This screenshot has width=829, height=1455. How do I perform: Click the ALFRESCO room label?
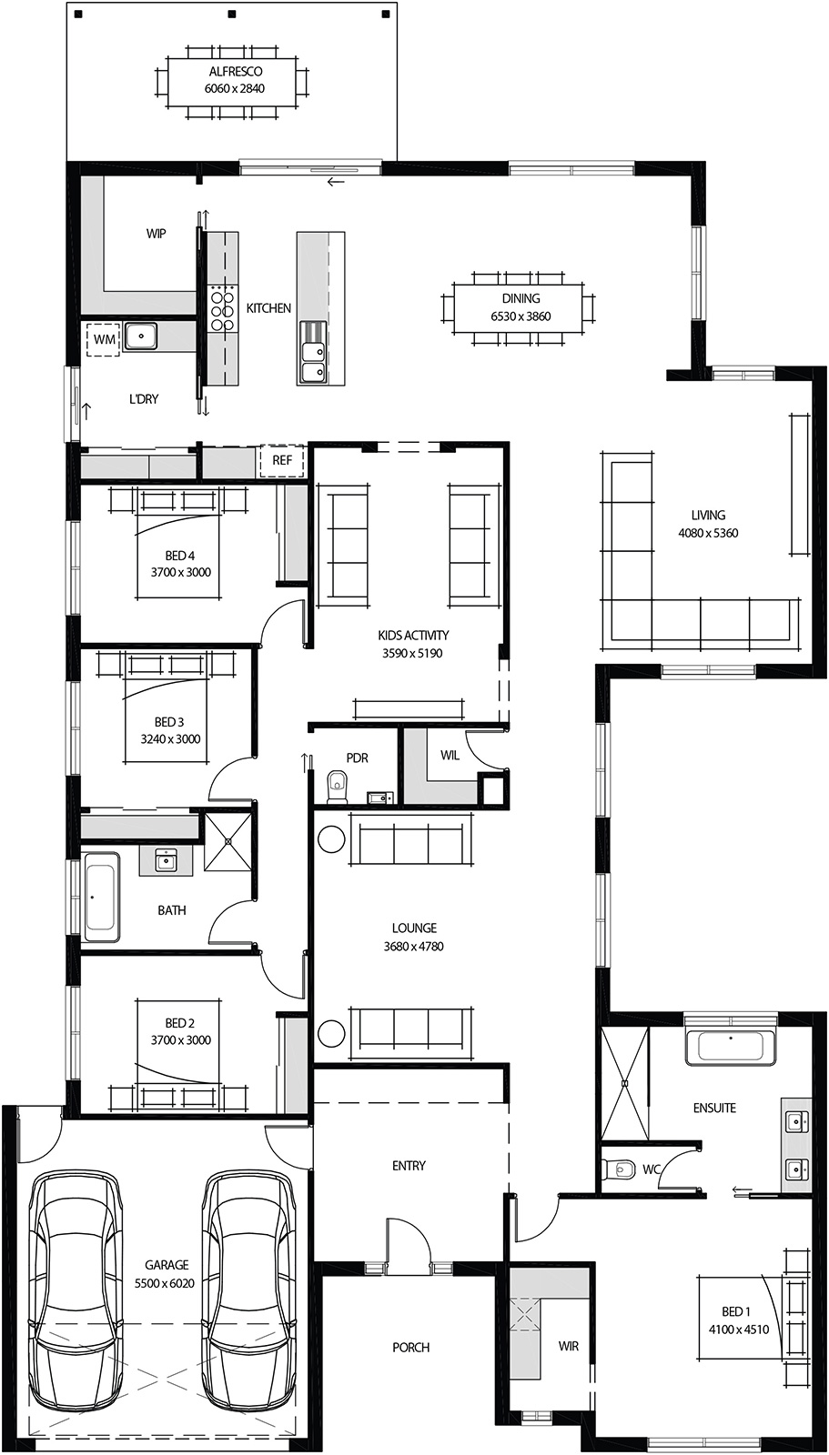(236, 72)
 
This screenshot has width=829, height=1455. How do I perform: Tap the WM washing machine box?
(104, 339)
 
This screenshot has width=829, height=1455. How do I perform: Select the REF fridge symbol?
(282, 460)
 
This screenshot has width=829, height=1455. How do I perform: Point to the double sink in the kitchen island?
(312, 356)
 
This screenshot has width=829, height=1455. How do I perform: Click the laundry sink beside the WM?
(141, 336)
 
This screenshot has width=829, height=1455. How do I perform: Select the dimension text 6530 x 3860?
(521, 316)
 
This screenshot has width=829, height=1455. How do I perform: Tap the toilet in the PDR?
(338, 786)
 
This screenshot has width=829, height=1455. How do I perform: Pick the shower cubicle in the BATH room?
(227, 841)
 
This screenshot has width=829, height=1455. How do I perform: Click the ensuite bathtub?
(731, 1047)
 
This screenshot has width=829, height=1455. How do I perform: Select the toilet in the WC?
(622, 1168)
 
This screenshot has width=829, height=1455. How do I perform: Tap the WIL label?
(450, 756)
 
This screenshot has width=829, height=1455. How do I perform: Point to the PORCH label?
(410, 1347)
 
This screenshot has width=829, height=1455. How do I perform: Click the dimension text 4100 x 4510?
(738, 1329)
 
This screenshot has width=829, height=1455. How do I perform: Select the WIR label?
(568, 1346)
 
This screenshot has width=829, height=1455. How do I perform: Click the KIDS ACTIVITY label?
(413, 636)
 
